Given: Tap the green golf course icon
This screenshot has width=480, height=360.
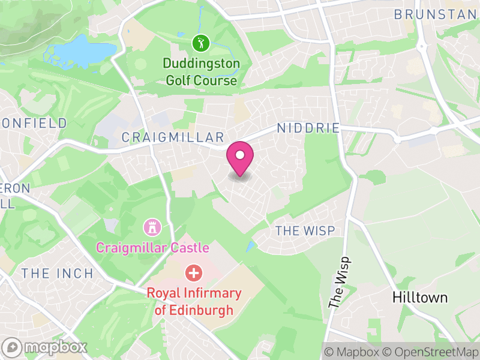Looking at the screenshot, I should click(x=200, y=43).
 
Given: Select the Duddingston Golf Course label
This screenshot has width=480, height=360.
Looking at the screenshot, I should click(x=201, y=71).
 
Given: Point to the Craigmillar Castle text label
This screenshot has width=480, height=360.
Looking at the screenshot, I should click(x=152, y=247).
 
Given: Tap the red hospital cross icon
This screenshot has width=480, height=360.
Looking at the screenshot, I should click(x=194, y=273).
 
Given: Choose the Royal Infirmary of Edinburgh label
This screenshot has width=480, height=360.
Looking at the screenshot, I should click(x=194, y=302).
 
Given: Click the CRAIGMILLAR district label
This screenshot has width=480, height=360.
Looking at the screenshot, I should click(x=173, y=137).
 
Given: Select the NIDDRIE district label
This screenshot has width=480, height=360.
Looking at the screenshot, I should click(x=308, y=128).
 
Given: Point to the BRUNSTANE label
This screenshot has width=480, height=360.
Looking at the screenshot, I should click(x=436, y=14).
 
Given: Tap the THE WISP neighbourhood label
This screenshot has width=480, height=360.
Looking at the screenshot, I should click(x=305, y=230).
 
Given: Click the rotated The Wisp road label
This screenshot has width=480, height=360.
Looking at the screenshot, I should click(x=339, y=281).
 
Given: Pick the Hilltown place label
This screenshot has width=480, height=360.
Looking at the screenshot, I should click(x=420, y=297).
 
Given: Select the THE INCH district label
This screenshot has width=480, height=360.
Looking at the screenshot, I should click(x=58, y=274).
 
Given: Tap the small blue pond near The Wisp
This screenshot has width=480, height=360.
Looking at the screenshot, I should click(x=249, y=247).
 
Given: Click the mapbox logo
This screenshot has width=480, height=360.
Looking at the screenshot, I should click(x=46, y=347).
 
